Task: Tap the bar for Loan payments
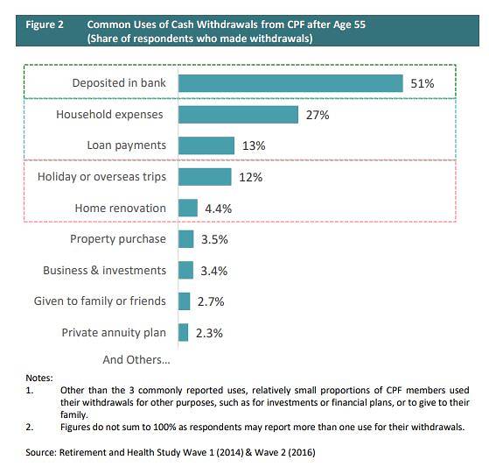[206, 145]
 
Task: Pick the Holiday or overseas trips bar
[205, 177]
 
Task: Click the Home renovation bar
[188, 208]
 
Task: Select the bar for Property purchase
[185, 239]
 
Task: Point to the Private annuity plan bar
[184, 332]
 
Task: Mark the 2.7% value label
[210, 301]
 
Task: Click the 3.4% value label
[213, 271]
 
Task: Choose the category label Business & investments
[104, 270]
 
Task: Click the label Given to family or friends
[100, 301]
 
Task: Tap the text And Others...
[136, 359]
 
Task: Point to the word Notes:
[39, 377]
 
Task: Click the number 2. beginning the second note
[31, 428]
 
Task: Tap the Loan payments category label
[126, 145]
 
